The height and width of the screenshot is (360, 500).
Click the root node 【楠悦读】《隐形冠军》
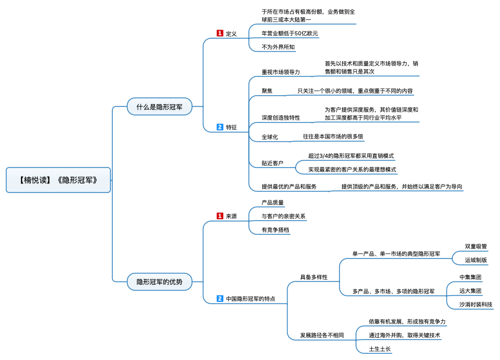58,180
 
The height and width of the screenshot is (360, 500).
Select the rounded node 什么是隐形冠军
159,107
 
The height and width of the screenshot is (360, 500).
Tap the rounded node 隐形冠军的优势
159,282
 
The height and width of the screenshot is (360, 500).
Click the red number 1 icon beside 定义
220,33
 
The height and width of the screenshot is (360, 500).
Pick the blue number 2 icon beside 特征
220,127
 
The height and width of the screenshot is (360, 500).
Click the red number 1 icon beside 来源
220,216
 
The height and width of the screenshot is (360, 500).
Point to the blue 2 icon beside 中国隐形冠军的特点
220,298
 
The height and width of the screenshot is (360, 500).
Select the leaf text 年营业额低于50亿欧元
290,33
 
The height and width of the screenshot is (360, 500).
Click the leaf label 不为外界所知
278,47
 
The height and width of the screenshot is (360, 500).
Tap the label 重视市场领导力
281,72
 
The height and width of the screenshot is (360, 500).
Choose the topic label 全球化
270,137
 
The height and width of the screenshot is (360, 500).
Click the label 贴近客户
273,163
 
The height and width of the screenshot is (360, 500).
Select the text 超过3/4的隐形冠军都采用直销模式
351,156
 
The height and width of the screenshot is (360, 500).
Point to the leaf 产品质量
273,202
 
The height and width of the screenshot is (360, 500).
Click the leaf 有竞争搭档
276,230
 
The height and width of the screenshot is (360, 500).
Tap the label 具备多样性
314,277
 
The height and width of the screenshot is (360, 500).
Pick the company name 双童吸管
476,246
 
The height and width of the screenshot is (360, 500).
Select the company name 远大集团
470,291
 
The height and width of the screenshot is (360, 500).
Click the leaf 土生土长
380,349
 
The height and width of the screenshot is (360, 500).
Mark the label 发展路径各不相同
322,335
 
